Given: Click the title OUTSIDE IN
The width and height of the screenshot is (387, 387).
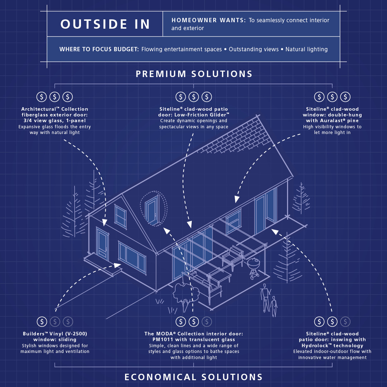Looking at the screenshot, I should pos(105,24).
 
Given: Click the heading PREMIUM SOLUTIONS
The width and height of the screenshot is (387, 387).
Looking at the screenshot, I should pos(194,74).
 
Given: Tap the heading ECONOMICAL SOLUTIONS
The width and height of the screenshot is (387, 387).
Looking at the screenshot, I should pos(193,377).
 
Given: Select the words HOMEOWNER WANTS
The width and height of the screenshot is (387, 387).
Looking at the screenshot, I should pos(209,20).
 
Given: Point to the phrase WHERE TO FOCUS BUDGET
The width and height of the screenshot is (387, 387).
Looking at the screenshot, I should pos(99,49).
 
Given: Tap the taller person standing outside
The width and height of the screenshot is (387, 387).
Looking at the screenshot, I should pos(265,297).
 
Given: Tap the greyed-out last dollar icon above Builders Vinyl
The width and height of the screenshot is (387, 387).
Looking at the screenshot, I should pos(68,321).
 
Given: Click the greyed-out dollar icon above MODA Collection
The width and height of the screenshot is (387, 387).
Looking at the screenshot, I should pos(206,321).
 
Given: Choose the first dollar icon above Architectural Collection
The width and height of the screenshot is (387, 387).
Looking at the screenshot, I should pos(42,97).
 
